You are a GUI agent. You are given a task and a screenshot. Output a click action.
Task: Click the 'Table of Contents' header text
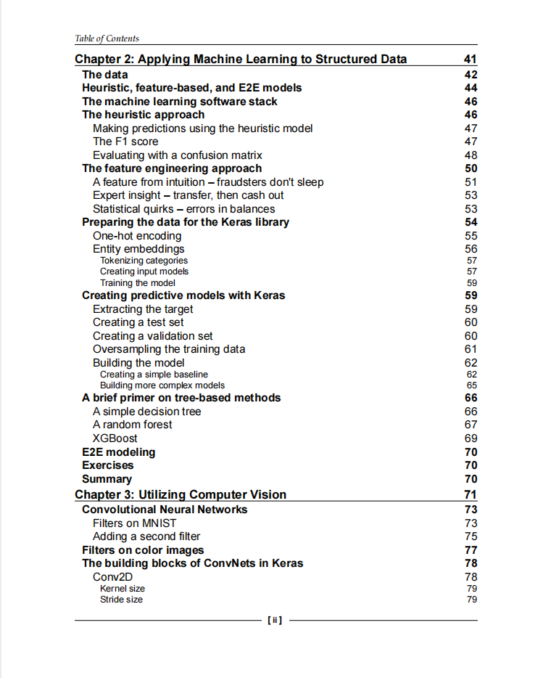[x=107, y=38]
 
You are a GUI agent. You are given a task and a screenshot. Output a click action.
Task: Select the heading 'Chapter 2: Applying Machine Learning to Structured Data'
[x=241, y=60]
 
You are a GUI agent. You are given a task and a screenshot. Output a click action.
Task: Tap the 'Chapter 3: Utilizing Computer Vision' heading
[x=181, y=495]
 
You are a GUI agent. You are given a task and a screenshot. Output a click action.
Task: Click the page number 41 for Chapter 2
[x=470, y=60]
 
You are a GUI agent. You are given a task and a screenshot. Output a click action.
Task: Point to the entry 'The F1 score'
[x=125, y=142]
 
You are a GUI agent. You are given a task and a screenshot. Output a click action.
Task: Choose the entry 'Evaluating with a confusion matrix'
[x=178, y=155]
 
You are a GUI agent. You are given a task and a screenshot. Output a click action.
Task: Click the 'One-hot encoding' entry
[x=137, y=236]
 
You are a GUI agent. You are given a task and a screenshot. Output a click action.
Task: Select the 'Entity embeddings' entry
[x=138, y=249]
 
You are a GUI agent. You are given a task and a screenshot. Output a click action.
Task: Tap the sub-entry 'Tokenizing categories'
[x=144, y=261]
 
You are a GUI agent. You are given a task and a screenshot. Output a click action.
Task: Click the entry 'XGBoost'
[x=115, y=438]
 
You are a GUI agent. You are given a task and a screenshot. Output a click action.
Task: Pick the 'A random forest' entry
[x=133, y=425]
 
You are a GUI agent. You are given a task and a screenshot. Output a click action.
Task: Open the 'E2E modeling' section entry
[x=118, y=452]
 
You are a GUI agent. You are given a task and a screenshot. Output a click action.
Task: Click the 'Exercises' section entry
[x=108, y=465]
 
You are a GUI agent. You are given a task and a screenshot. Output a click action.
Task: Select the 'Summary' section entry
[x=107, y=479]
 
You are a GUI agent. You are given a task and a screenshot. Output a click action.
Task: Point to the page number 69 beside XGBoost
[x=471, y=438]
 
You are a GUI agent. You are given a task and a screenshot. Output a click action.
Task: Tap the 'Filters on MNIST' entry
[x=134, y=523]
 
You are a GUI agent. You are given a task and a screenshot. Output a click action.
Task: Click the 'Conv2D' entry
[x=112, y=577]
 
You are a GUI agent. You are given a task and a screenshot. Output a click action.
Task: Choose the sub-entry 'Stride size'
[x=121, y=600]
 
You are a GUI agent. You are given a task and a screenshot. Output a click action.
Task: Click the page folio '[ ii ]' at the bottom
[x=275, y=621]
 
